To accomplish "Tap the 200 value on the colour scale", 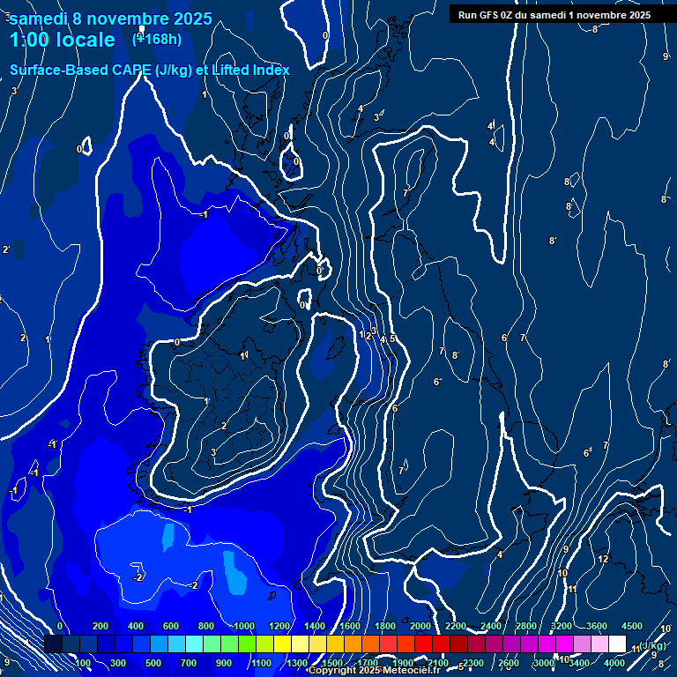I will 100,626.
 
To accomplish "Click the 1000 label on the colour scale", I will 243,626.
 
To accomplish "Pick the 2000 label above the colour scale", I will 420,626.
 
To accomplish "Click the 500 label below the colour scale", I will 153,663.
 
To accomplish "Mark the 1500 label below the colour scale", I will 331,663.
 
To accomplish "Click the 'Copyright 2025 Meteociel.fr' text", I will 374,671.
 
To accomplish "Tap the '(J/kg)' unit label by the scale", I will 651,645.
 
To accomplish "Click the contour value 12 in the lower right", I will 603,559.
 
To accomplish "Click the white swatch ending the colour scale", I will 617,644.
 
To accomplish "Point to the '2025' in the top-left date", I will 186,18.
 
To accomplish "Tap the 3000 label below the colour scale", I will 543,663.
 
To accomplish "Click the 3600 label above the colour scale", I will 597,626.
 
